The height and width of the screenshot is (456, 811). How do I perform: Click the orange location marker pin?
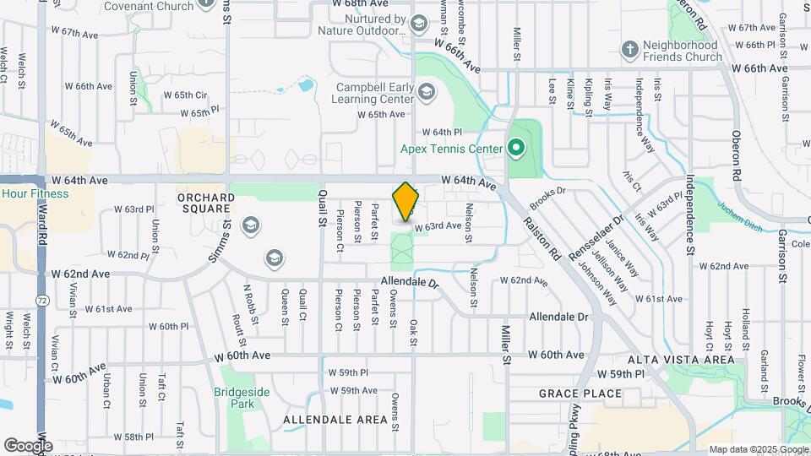(406, 203)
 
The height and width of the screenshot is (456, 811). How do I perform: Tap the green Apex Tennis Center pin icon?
(516, 149)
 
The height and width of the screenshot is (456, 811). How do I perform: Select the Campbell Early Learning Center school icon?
(427, 91)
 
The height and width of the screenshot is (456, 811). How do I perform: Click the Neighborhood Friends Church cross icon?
(629, 50)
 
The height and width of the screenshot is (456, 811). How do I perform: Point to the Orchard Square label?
(205, 203)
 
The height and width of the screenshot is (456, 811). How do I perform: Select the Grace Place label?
(580, 394)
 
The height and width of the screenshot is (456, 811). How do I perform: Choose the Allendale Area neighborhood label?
(335, 420)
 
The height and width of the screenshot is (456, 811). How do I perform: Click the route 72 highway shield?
(41, 300)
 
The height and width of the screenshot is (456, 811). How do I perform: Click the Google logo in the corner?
(28, 445)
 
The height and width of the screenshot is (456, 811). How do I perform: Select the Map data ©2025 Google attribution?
(758, 449)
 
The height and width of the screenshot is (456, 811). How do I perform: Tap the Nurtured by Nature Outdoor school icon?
(420, 22)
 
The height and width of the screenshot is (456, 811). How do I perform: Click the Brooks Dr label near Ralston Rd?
(547, 198)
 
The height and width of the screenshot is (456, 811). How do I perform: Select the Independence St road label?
(690, 215)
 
